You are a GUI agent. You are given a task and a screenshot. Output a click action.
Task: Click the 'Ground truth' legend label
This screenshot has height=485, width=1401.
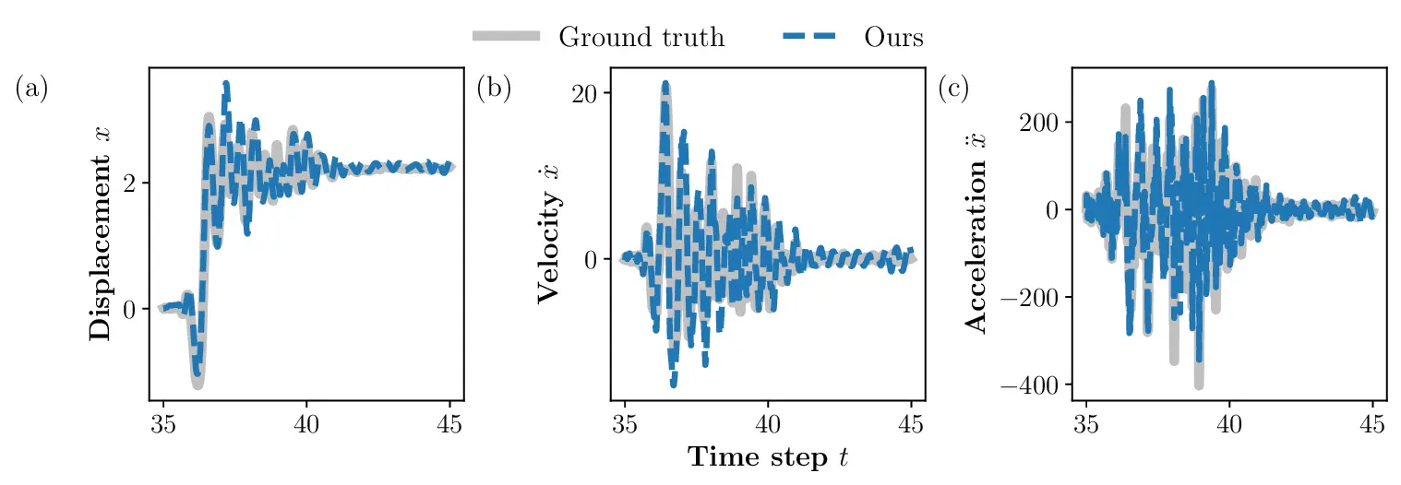pos(641,37)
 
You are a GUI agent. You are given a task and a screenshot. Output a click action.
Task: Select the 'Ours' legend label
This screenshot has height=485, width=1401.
pos(893,37)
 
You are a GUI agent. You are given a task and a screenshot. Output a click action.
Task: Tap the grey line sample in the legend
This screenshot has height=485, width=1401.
pos(506,37)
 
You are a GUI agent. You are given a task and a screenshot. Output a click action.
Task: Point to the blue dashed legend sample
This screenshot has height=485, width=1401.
pos(809,37)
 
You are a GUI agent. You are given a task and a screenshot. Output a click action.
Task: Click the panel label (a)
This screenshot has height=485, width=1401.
pos(30,89)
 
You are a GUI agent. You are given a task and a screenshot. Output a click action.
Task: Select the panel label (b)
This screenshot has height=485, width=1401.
pos(494,89)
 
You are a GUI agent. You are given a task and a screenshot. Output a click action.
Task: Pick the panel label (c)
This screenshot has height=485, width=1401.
pos(953,89)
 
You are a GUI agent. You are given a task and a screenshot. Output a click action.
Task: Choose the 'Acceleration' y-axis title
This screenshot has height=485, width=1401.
pos(976,250)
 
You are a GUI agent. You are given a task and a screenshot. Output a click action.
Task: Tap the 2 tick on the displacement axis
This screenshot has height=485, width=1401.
pos(130,183)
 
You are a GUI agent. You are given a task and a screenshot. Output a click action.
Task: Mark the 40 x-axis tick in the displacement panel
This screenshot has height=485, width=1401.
pos(306,424)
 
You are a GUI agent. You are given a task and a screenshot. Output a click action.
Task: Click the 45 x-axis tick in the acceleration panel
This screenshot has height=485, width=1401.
pos(1372,424)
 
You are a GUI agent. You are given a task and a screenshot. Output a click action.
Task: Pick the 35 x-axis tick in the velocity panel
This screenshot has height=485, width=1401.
pos(625,424)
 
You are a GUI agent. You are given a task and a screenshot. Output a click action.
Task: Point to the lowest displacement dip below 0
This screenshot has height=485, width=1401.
pos(198,384)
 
